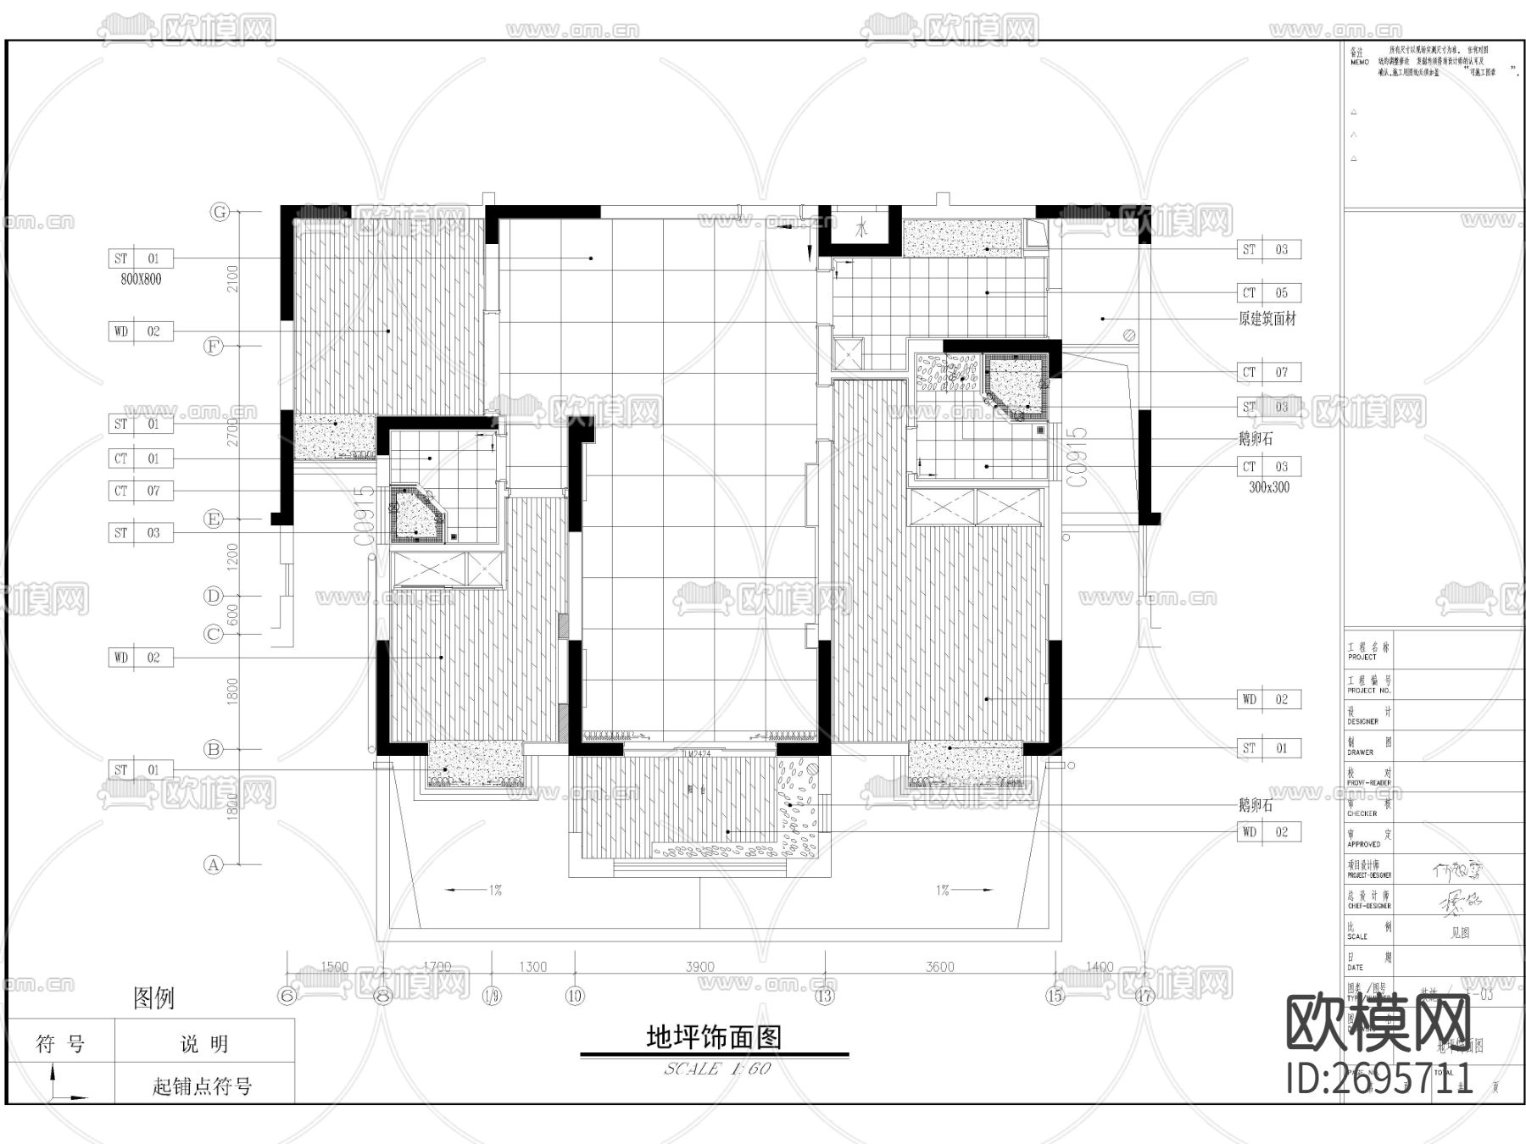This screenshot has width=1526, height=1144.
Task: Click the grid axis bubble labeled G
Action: pyautogui.click(x=220, y=212)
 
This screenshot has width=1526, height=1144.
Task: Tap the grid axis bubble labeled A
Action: pyautogui.click(x=214, y=864)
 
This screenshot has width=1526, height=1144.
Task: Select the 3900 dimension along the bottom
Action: pyautogui.click(x=699, y=966)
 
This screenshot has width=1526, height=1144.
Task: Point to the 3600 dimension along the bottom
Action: pyautogui.click(x=939, y=966)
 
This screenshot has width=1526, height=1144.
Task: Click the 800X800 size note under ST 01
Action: pyautogui.click(x=141, y=279)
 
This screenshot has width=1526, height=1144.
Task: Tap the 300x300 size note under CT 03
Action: pyautogui.click(x=1269, y=487)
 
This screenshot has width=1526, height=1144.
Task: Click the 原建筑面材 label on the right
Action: pyautogui.click(x=1267, y=319)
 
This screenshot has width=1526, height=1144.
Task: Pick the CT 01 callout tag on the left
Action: pyautogui.click(x=141, y=458)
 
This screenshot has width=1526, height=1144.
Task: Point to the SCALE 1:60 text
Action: pyautogui.click(x=717, y=1069)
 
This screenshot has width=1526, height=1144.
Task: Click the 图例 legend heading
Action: pyautogui.click(x=153, y=997)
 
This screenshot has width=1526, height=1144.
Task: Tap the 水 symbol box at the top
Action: pyautogui.click(x=861, y=228)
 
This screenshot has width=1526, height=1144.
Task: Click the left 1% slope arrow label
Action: pyautogui.click(x=495, y=890)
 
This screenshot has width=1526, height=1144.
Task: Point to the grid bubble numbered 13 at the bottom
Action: pyautogui.click(x=824, y=996)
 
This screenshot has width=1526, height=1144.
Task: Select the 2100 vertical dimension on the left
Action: pyautogui.click(x=233, y=278)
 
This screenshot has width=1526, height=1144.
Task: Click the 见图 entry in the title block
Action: pyautogui.click(x=1459, y=932)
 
